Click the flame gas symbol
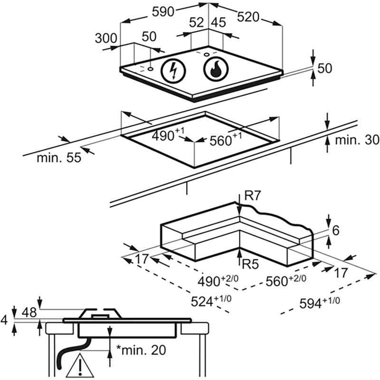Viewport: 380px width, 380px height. pos(215,70)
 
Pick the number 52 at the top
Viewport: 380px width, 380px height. pos(196,22)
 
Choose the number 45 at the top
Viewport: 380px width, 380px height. pos(218,22)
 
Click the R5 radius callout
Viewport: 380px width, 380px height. pos(249,265)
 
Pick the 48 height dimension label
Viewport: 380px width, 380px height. pos(29,312)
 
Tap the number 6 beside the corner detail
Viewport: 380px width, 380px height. pos(335,231)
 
